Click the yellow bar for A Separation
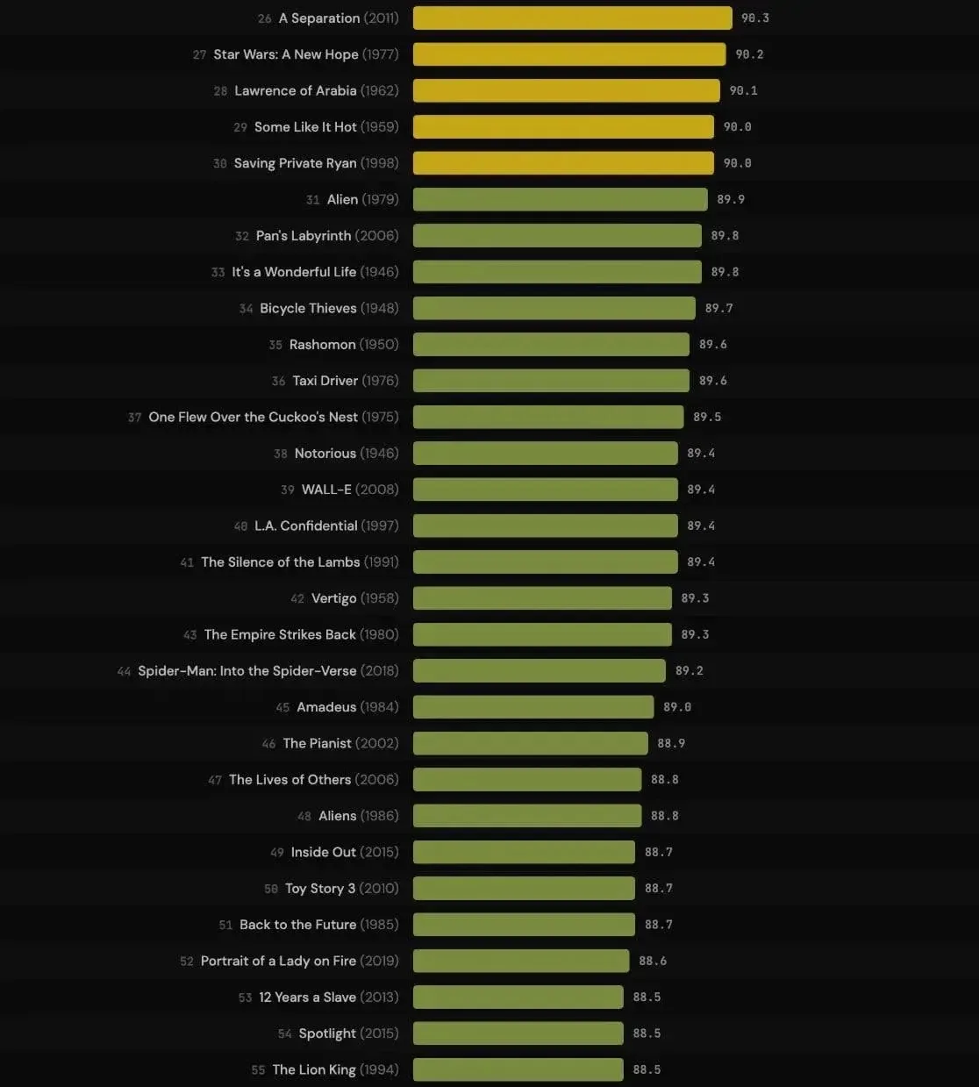(572, 18)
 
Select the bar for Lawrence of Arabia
(566, 90)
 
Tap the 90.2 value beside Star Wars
(749, 54)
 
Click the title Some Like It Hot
(305, 127)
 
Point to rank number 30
(220, 164)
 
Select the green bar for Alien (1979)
(560, 199)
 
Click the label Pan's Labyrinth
(304, 236)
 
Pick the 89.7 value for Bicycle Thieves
(718, 309)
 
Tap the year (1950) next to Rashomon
(379, 345)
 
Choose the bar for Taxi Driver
(551, 381)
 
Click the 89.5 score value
(707, 418)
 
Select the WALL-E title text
(326, 490)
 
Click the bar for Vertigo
(542, 598)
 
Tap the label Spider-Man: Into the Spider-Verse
(247, 671)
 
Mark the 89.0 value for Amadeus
(677, 707)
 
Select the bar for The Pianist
(530, 743)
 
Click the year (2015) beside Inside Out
(379, 853)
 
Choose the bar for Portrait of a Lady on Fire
(521, 961)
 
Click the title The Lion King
(314, 1070)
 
